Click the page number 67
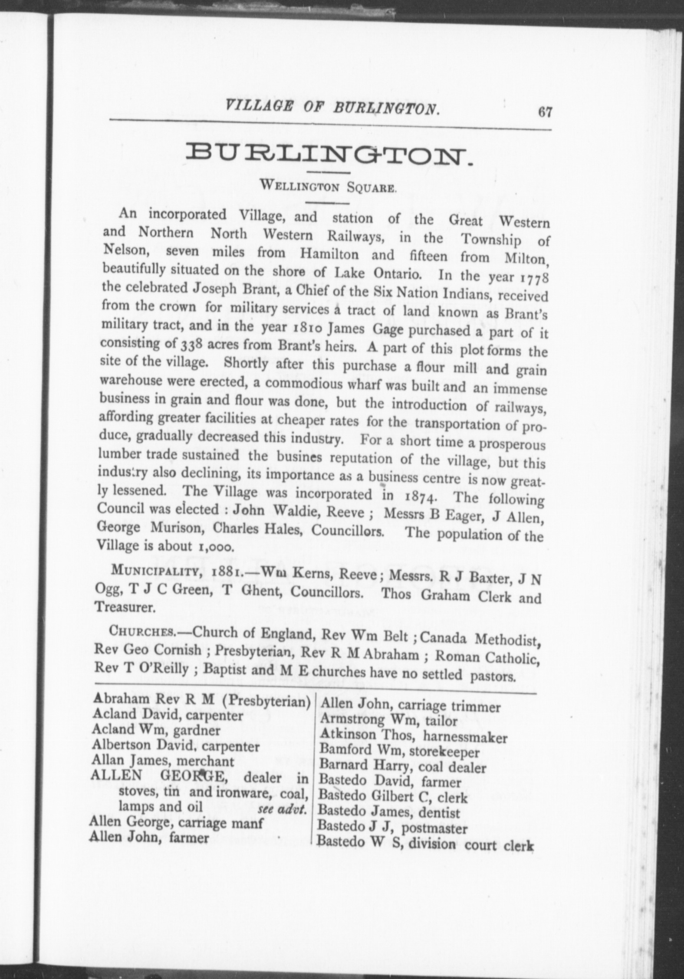545,112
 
